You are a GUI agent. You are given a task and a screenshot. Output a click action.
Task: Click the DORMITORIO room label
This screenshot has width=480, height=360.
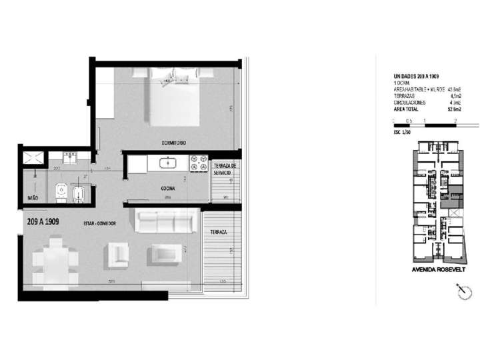point(173,143)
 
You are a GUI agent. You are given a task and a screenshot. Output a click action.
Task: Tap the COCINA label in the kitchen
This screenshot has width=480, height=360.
point(167,189)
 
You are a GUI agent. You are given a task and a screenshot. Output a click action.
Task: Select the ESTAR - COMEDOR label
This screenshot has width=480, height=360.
point(100,223)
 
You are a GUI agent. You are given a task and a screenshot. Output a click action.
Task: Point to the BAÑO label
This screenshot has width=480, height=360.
point(32,199)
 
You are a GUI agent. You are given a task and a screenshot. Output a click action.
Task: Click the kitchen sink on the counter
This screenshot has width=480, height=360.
point(167,162)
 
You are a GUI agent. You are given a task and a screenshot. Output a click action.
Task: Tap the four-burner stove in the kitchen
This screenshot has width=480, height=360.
point(198,162)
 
